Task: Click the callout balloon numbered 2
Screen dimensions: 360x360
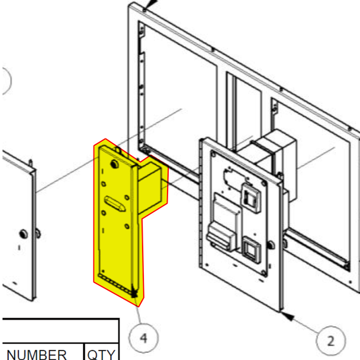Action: (x=330, y=340)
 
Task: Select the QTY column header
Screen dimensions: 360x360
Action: (x=101, y=354)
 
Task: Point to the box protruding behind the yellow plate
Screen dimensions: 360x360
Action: (x=152, y=185)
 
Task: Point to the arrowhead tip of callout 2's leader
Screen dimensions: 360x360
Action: (x=285, y=314)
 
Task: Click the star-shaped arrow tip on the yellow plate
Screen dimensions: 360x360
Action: (x=136, y=292)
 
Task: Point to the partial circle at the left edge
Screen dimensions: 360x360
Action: (x=4, y=81)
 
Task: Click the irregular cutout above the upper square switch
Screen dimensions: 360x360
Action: (x=230, y=178)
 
